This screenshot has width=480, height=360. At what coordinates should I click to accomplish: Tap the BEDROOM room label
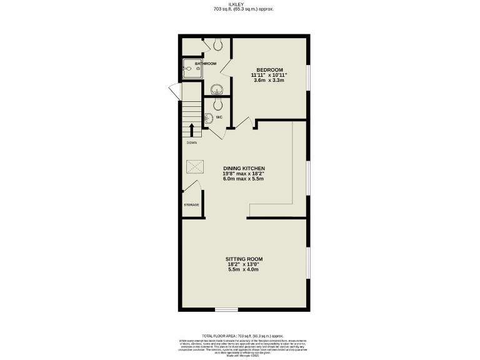click(x=269, y=69)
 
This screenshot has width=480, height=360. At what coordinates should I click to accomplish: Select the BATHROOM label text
click(x=205, y=64)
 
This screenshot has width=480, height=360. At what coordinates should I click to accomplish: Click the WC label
click(x=219, y=117)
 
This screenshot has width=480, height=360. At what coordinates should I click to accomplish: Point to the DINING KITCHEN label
click(x=244, y=169)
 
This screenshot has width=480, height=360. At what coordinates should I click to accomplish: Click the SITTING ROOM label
click(x=244, y=259)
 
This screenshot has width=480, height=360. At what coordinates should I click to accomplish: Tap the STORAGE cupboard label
click(x=191, y=205)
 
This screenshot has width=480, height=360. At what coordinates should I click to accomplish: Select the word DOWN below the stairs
click(x=191, y=142)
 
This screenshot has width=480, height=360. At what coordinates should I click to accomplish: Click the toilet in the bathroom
click(x=217, y=44)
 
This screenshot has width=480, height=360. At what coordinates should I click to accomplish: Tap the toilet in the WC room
click(x=217, y=104)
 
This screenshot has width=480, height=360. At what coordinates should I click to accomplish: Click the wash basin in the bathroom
click(x=216, y=89)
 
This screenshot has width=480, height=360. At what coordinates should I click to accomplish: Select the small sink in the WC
click(x=208, y=117)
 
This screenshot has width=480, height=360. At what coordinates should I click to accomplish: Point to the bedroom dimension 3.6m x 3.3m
click(x=269, y=81)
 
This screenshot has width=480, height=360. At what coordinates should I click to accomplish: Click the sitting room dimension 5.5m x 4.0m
click(x=243, y=270)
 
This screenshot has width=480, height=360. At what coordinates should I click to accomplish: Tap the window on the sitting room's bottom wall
click(x=226, y=309)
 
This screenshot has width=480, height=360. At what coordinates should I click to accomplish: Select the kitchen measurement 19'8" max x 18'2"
click(x=244, y=174)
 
